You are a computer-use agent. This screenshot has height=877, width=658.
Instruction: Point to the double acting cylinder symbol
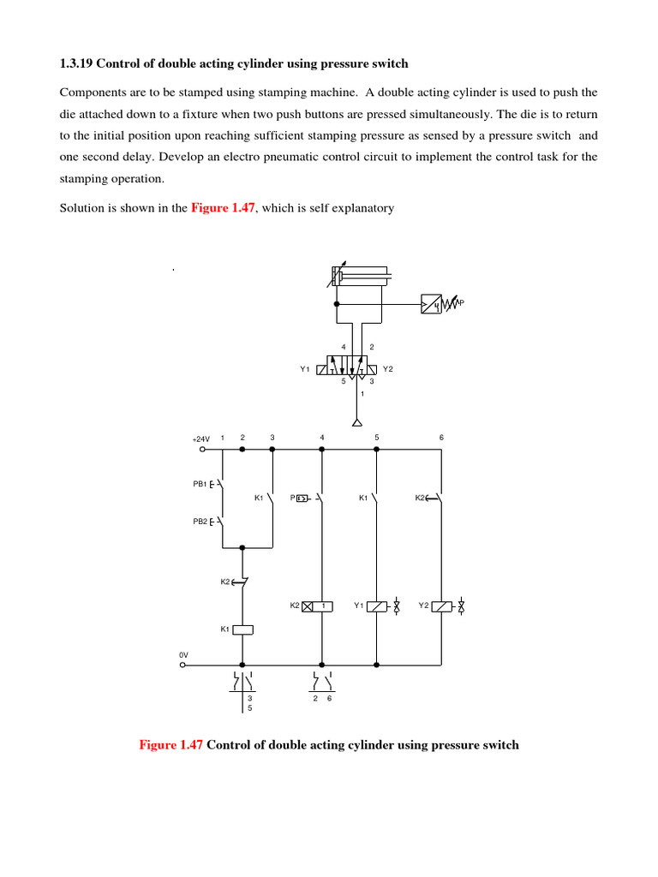coord(361,277)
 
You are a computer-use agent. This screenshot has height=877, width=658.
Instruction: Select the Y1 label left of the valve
coord(304,369)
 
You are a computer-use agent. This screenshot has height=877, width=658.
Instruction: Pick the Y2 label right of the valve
coord(387,369)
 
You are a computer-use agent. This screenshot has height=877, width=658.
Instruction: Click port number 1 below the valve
coord(362,394)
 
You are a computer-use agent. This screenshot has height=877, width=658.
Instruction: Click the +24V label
coord(200,438)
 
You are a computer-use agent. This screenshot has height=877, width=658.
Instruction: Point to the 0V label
coord(182,655)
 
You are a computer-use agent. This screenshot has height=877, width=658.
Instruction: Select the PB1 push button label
coord(199,484)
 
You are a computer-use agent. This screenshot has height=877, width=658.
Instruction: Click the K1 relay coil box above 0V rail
coord(243,629)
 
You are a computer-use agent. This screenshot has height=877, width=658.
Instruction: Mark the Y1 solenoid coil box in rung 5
coord(377,606)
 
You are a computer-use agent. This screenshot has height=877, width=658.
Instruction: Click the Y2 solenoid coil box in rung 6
coord(441,606)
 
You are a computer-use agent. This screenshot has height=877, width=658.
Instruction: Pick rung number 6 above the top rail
coord(441,438)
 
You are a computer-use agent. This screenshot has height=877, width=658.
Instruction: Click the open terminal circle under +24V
coord(202,448)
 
